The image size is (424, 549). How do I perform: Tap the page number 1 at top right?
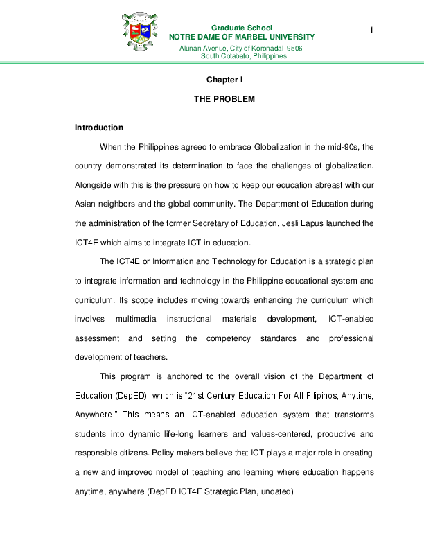click(x=371, y=29)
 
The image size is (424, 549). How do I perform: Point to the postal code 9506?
click(x=294, y=47)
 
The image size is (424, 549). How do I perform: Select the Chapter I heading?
click(x=224, y=80)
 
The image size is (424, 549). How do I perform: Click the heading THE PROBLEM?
click(x=224, y=100)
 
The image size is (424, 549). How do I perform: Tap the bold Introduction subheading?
click(x=98, y=128)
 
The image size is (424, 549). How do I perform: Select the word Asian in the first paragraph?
click(x=87, y=204)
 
